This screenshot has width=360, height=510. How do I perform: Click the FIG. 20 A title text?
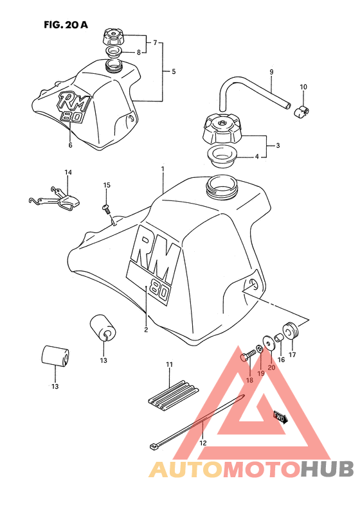(66, 24)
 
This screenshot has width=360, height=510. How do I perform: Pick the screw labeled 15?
(107, 209)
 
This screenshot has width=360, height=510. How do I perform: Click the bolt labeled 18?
(248, 356)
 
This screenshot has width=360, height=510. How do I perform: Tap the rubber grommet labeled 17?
(291, 330)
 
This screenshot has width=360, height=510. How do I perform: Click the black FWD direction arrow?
(281, 418)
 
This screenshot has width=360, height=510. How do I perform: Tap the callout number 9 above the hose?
(271, 72)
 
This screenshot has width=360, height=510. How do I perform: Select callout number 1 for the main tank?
(163, 169)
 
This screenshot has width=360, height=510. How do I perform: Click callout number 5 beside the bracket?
(173, 71)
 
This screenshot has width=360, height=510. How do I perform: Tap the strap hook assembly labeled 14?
(55, 198)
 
